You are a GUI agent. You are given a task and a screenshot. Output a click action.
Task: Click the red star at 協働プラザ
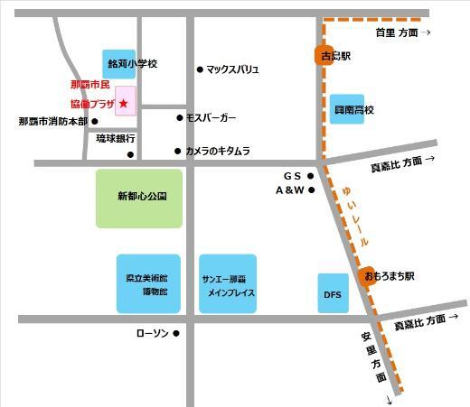[124, 104]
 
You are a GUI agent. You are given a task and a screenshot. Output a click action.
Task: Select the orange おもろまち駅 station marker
[367, 276]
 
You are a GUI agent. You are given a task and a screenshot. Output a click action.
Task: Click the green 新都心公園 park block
[140, 198]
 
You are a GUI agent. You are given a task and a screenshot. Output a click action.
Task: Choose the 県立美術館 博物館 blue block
[141, 283]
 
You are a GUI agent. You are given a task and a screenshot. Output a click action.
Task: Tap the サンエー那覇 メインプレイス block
[230, 283]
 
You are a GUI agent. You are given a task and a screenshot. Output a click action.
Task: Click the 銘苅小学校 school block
[119, 65]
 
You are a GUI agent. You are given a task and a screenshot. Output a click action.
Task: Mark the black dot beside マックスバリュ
[200, 69]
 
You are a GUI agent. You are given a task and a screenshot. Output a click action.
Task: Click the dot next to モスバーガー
[179, 117]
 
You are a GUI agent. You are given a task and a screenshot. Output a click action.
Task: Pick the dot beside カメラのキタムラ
[178, 151]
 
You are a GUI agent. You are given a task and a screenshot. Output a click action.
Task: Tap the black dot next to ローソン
[176, 334]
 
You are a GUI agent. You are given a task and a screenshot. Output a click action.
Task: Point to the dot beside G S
[312, 176]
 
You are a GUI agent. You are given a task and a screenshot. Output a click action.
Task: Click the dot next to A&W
[312, 190]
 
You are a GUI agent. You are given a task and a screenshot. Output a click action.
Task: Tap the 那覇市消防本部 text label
[52, 121]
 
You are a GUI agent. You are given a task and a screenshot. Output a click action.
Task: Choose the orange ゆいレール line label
[355, 217]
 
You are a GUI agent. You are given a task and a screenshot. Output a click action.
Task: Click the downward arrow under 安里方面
[390, 398]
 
